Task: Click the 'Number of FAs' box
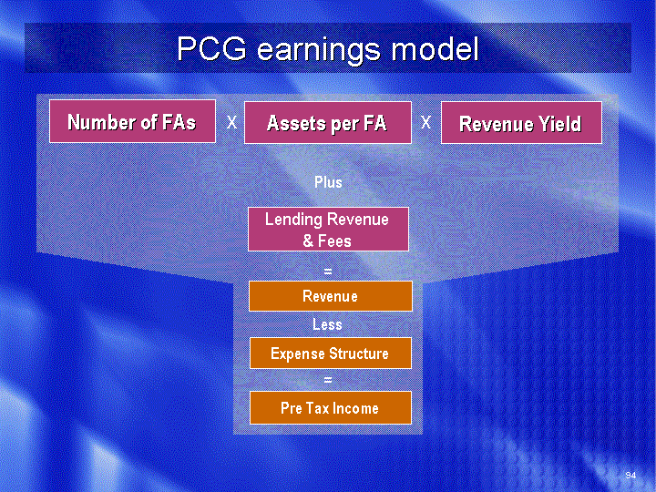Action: [x=133, y=121]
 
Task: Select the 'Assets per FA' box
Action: [x=328, y=123]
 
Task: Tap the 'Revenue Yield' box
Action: [x=521, y=123]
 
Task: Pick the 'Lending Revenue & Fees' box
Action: [x=328, y=230]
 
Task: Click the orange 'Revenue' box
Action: [x=331, y=296]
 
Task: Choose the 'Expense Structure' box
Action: [x=331, y=354]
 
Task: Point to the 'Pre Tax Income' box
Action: [x=331, y=408]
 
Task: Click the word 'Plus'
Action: [x=328, y=182]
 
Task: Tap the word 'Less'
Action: [x=327, y=324]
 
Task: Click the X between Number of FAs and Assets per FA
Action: [x=231, y=123]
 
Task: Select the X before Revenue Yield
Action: [x=425, y=123]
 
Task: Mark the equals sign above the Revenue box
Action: [x=328, y=272]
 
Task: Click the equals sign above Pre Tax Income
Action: [x=328, y=380]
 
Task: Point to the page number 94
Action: [x=630, y=475]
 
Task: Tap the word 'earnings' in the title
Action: [x=319, y=51]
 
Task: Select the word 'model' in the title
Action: [x=436, y=48]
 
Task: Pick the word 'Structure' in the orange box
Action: [x=358, y=354]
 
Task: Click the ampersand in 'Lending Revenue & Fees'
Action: [x=308, y=241]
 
